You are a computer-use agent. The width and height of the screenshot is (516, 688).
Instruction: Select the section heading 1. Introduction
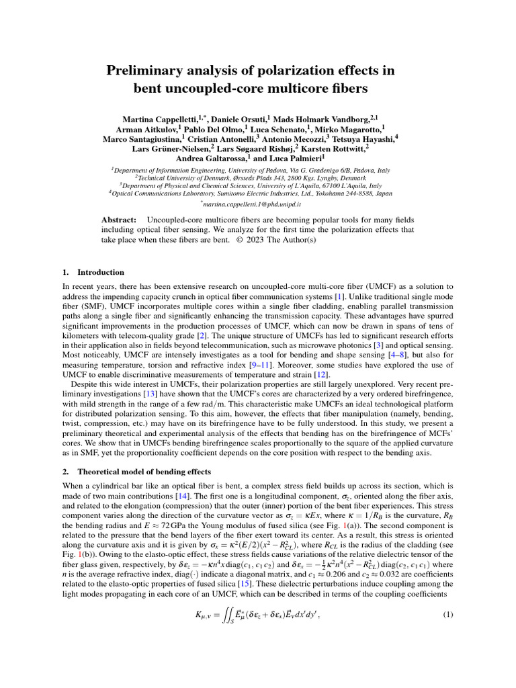click(93, 272)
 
